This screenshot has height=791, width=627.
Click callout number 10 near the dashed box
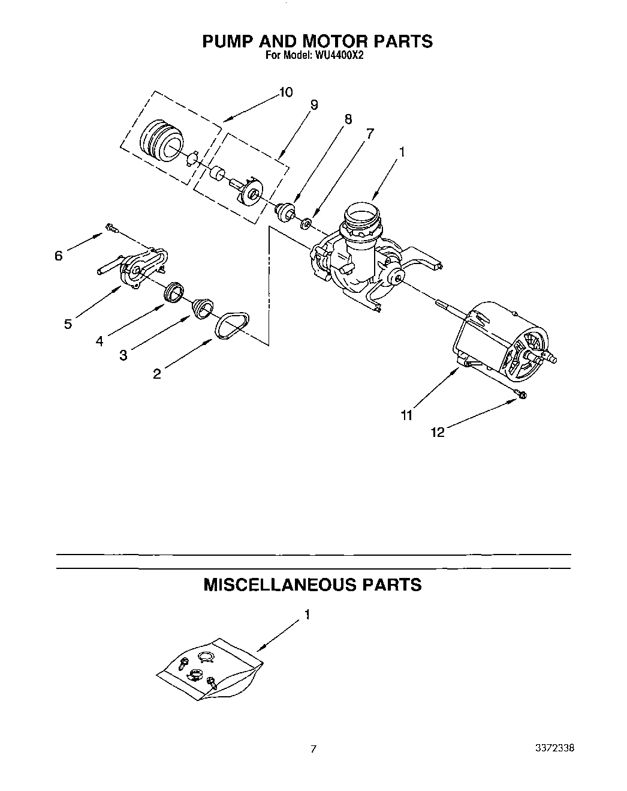[x=285, y=92]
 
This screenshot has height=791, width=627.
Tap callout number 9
[x=314, y=104]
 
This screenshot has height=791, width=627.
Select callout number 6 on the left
[x=58, y=256]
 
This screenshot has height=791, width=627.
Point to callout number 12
[x=438, y=432]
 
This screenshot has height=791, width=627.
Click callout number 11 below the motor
[x=407, y=415]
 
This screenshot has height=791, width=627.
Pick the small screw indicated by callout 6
[x=111, y=227]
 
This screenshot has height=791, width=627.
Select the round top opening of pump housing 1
[x=362, y=213]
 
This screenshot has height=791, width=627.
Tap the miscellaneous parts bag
[x=210, y=671]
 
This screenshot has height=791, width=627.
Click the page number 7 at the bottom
[x=313, y=749]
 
